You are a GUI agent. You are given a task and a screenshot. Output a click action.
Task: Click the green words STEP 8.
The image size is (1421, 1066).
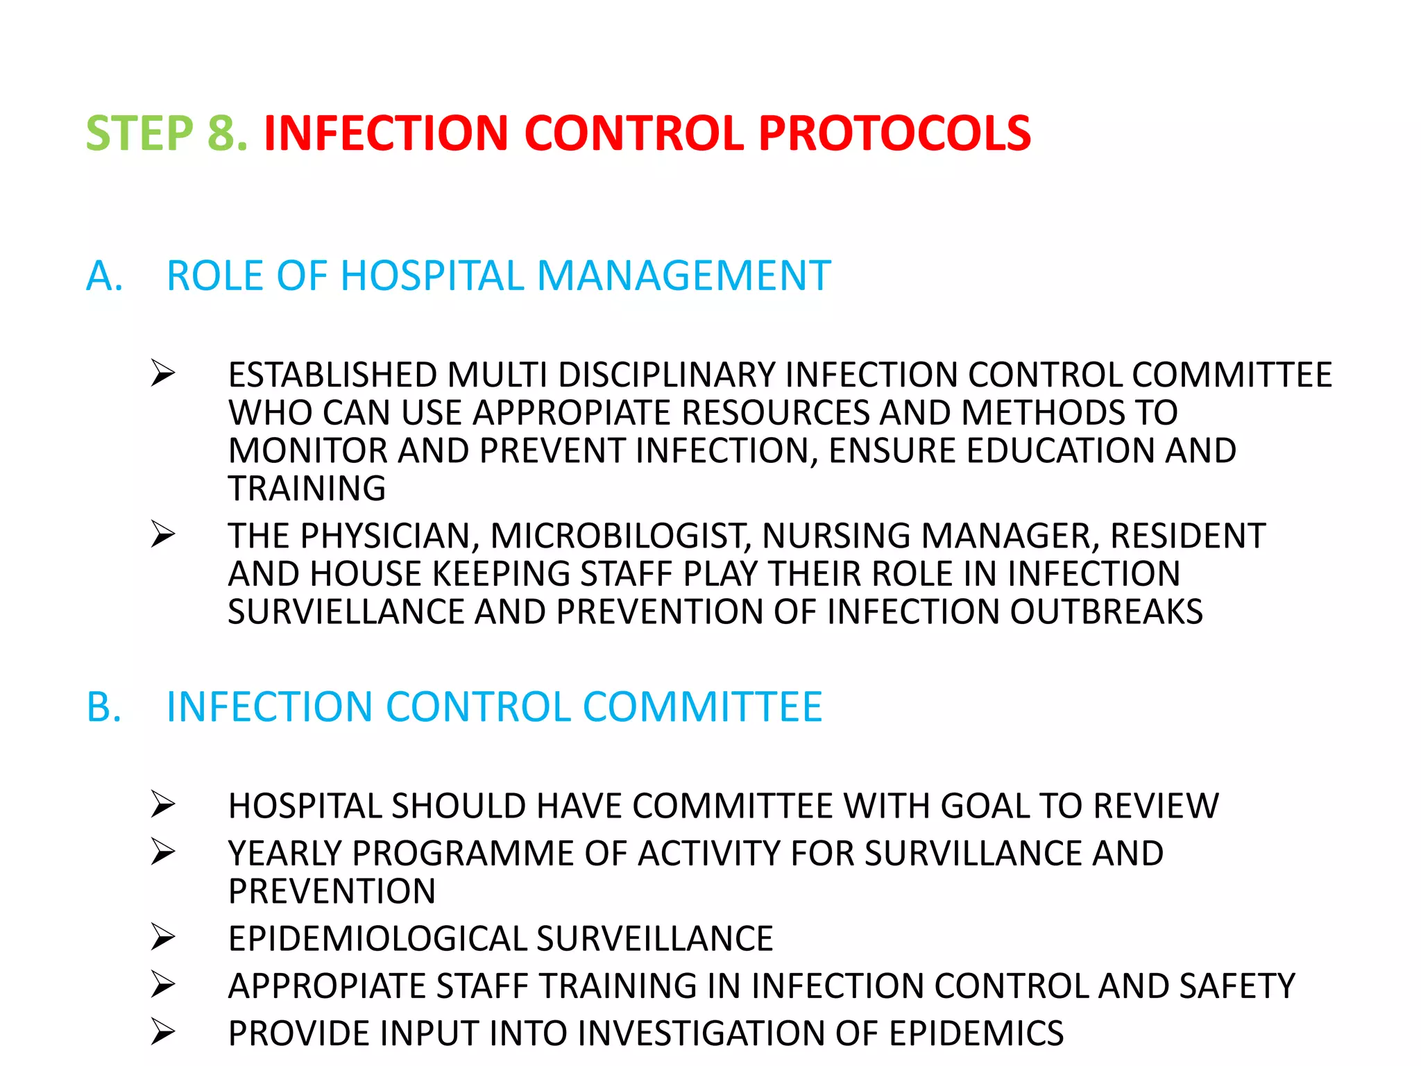click(167, 133)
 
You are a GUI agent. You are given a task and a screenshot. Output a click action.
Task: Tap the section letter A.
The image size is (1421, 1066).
click(104, 276)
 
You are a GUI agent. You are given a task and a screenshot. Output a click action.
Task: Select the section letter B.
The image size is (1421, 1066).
click(104, 707)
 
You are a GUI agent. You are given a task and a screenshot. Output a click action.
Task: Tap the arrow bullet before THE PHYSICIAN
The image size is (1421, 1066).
click(163, 534)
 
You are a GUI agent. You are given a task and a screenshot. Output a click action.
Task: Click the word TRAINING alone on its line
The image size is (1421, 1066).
click(307, 489)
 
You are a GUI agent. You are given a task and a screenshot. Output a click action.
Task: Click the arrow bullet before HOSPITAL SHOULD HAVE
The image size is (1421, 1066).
click(163, 804)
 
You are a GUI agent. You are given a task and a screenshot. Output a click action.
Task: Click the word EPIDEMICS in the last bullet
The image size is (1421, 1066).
click(976, 1033)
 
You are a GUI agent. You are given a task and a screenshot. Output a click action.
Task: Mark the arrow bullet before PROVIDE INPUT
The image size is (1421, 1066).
click(163, 1032)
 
